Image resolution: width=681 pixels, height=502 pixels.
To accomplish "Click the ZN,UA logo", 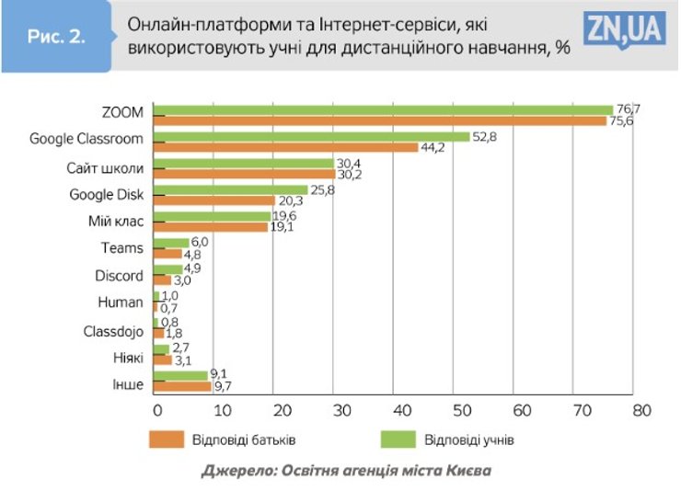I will [623, 31].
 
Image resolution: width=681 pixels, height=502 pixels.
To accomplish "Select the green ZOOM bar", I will [382, 110].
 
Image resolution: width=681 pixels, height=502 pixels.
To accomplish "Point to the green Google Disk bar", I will [230, 190].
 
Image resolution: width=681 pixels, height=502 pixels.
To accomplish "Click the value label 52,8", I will [484, 136].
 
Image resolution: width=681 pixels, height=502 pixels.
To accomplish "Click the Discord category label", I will [119, 275].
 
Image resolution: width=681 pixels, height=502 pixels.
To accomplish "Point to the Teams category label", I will [121, 247].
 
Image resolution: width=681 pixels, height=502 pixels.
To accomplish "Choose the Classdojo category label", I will [112, 329].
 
